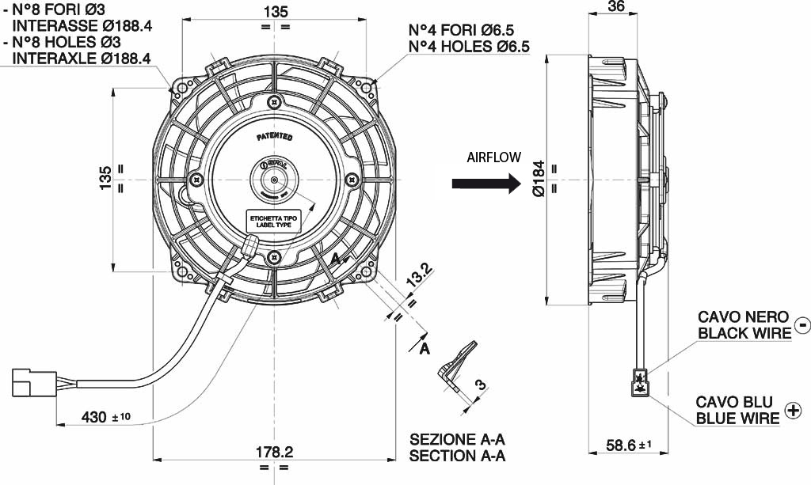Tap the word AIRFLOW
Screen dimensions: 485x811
tap(493, 157)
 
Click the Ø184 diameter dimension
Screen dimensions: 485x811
tap(539, 179)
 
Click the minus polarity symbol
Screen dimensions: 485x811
tap(801, 324)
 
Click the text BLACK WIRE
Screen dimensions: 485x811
tap(744, 333)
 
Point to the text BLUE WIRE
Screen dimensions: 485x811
tap(737, 418)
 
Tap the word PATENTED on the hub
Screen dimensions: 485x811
tap(274, 137)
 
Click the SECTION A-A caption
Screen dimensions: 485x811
tap(457, 456)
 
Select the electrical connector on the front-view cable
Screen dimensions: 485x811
tap(29, 382)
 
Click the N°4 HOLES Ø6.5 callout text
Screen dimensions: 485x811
tap(469, 47)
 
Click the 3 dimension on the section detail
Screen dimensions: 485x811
tap(479, 385)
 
